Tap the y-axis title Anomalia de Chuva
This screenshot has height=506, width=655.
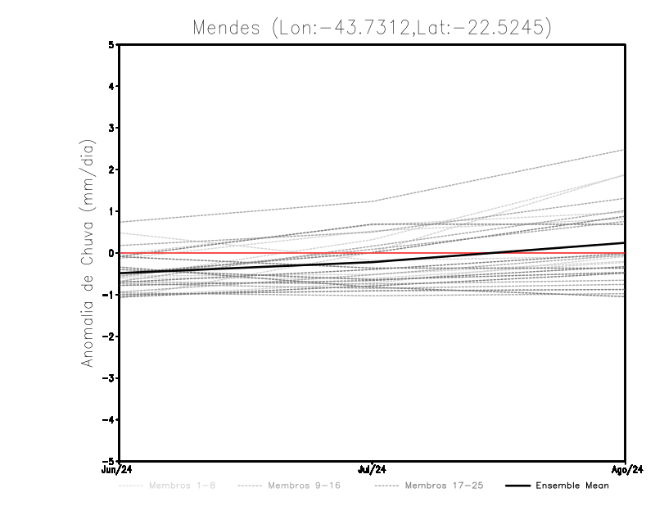[x=88, y=253]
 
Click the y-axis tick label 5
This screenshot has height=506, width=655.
[x=112, y=45]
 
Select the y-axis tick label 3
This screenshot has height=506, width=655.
[x=112, y=128]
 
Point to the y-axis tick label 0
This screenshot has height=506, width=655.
[x=112, y=253]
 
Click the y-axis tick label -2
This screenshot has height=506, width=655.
[x=110, y=337]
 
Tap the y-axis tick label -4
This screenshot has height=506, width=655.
[x=110, y=420]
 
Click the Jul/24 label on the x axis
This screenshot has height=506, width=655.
[x=372, y=471]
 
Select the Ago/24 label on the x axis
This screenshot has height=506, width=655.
[x=626, y=471]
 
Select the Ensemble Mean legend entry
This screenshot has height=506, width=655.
[x=572, y=486]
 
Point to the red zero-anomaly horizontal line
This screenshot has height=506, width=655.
[x=246, y=253]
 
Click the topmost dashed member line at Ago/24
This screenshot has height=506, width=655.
[x=622, y=151]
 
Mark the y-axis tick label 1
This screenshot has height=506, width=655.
[x=112, y=211]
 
